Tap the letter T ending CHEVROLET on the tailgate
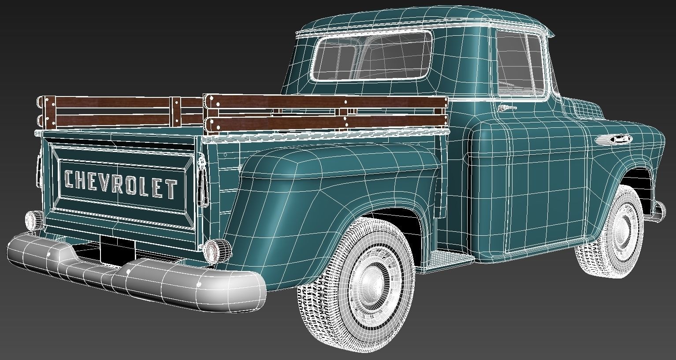(171, 189)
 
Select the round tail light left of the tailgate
(33, 219)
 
